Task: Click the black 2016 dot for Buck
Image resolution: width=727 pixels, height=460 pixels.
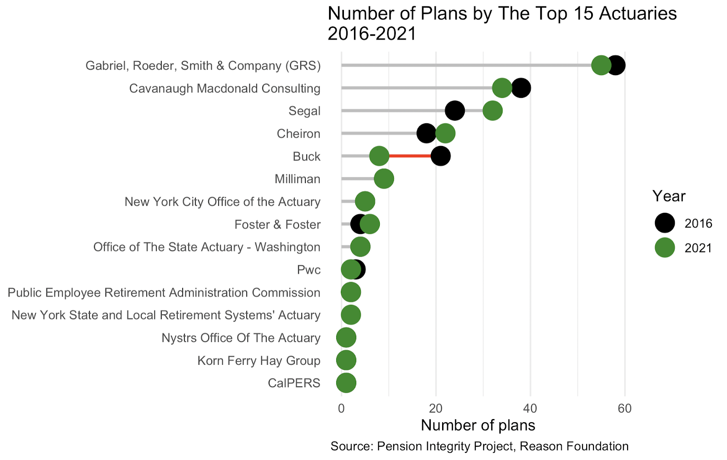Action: [x=441, y=156]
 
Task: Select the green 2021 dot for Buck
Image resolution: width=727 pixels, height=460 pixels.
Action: [x=379, y=156]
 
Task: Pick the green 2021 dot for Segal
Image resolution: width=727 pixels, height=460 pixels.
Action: [x=493, y=111]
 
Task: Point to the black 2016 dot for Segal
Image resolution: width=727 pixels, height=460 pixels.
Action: [x=454, y=111]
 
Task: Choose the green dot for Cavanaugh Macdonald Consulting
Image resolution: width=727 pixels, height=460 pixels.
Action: [x=502, y=88]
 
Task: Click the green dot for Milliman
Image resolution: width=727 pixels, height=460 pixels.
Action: [x=384, y=179]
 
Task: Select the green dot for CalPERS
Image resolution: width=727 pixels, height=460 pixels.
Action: [x=346, y=383]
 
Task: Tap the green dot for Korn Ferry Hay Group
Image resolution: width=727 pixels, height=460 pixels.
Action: [x=346, y=360]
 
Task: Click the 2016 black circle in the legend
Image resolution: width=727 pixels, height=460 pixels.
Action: [x=665, y=223]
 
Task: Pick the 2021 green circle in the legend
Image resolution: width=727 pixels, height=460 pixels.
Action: [x=665, y=248]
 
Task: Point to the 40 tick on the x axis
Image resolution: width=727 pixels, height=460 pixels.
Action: [x=530, y=409]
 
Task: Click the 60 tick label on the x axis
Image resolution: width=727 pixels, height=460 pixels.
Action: [x=625, y=409]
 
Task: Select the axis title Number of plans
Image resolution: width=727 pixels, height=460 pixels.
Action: [x=478, y=425]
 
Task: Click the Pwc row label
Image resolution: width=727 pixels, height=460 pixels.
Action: [x=309, y=270]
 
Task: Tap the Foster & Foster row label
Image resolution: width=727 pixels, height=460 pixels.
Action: [x=277, y=224]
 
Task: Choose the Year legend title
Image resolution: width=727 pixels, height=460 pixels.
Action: [x=669, y=196]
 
